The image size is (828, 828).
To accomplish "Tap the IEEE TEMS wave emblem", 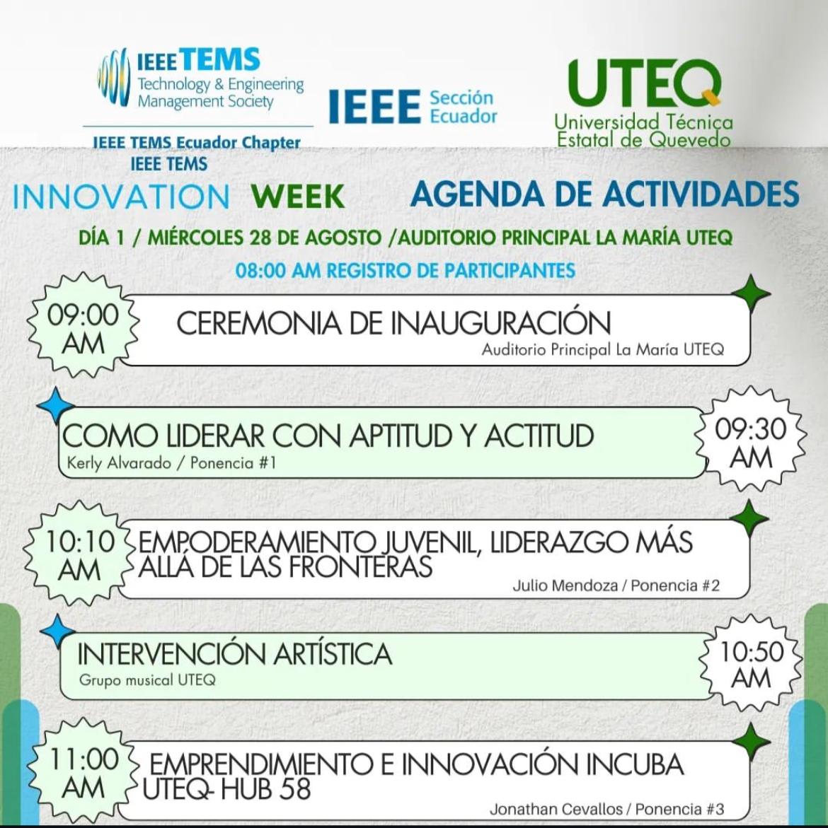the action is coord(114,77).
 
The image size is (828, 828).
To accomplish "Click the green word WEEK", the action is coord(299,196).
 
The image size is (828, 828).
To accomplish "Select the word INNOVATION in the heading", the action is coord(121,197).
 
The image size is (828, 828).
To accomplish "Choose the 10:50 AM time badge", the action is coord(751,664).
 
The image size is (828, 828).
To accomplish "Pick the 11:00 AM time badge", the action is coord(83,772).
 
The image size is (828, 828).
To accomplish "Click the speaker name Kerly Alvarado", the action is coord(119,463).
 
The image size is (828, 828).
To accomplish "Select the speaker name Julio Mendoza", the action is coord(565,585).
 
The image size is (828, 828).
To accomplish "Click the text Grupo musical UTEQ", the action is coord(147,680).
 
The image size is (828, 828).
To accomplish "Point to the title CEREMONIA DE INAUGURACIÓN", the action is coord(393,322).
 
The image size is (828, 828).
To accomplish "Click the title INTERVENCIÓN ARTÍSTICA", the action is coord(235,654).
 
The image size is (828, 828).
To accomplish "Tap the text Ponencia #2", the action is coord(674,585).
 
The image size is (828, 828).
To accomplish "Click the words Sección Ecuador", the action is coord(463,107).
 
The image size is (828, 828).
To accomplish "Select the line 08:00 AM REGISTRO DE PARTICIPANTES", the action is coord(406,270).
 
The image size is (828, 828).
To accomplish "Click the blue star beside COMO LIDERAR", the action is coord(56,406).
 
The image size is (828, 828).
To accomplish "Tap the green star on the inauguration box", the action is coord(751,294).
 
